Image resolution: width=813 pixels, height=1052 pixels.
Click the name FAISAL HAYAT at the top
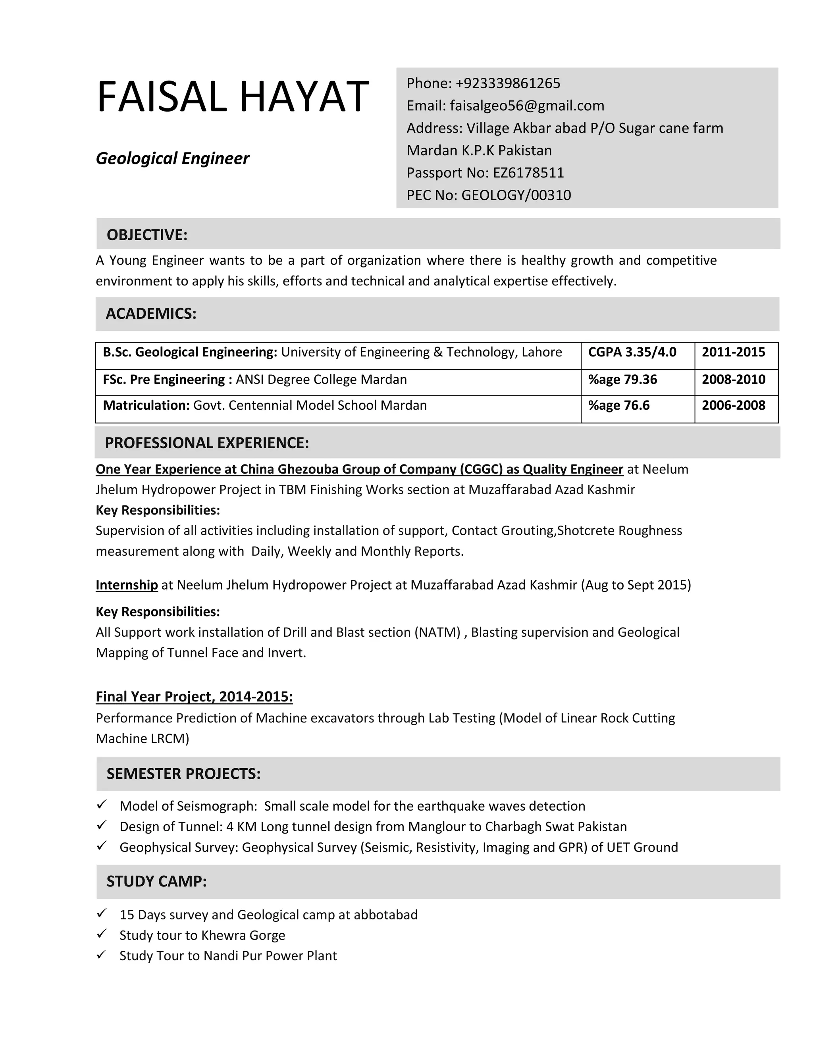(x=233, y=97)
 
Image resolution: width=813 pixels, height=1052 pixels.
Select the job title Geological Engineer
(x=172, y=158)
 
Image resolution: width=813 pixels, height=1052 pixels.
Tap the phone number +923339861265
(x=508, y=83)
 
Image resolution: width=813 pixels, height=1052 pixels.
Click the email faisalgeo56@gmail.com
(x=527, y=106)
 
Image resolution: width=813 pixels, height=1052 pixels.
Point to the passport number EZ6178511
(x=528, y=172)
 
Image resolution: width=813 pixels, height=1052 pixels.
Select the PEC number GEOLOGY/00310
(x=516, y=195)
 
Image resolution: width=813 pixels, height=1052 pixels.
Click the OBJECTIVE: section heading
(x=147, y=235)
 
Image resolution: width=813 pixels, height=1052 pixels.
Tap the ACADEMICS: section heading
(x=151, y=314)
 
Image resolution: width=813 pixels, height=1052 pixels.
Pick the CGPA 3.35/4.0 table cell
(x=632, y=352)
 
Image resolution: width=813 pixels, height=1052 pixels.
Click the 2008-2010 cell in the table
(x=733, y=380)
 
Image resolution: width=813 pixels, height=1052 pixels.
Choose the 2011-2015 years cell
(x=733, y=352)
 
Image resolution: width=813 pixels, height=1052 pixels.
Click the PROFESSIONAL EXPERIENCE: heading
(x=206, y=443)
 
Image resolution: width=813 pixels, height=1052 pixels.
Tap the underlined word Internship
(x=127, y=585)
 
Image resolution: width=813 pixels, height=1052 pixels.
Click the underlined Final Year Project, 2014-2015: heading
(x=194, y=697)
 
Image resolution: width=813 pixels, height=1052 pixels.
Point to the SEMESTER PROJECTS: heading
(x=183, y=774)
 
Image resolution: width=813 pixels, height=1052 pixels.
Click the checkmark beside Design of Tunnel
(x=101, y=825)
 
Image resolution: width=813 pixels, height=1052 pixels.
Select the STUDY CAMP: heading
(x=156, y=881)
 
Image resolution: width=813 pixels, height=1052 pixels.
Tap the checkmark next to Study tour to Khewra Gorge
(x=101, y=934)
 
